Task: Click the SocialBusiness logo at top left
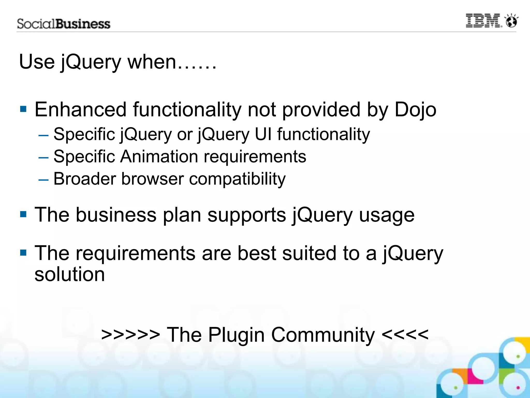point(64,24)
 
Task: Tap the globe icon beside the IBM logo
point(512,21)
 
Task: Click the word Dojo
point(415,110)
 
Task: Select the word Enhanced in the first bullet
point(80,110)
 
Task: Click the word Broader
point(85,179)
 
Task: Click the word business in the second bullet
point(116,215)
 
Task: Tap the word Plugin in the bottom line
point(236,335)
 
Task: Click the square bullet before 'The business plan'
point(23,214)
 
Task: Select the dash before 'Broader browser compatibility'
point(43,180)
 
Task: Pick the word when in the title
point(152,62)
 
